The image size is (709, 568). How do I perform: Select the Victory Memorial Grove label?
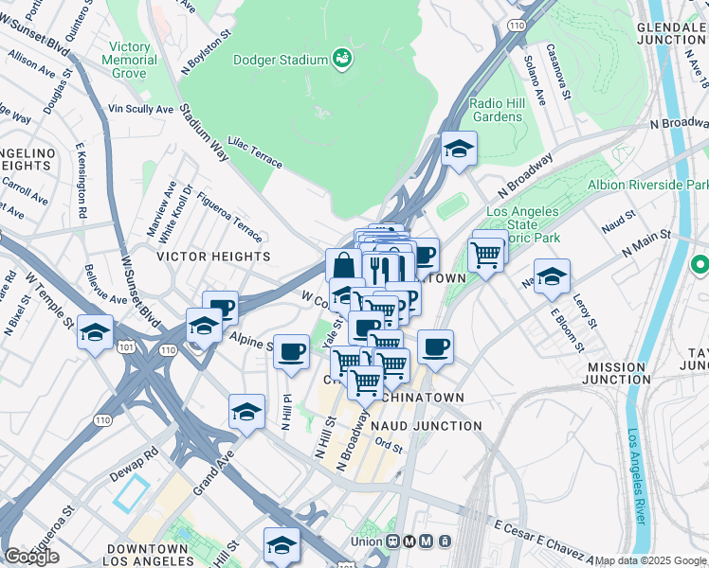click(x=130, y=60)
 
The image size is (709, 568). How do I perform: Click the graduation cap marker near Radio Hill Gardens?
click(x=459, y=150)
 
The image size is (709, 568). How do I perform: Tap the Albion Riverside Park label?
click(x=646, y=185)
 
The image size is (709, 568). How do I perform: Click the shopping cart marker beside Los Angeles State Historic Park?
click(x=485, y=254)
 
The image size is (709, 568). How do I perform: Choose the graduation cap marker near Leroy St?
click(x=552, y=277)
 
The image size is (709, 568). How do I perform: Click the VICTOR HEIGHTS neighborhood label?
click(x=213, y=257)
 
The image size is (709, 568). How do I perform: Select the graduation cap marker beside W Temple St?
click(x=95, y=332)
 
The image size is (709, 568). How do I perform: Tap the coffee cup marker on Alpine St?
click(x=291, y=352)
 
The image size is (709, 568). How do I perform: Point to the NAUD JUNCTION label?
click(x=434, y=426)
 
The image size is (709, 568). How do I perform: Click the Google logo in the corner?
click(x=31, y=557)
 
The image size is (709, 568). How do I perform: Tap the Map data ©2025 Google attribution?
click(x=650, y=560)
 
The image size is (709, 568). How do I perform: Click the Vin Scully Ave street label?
click(x=140, y=109)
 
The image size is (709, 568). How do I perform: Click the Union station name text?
click(x=365, y=541)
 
